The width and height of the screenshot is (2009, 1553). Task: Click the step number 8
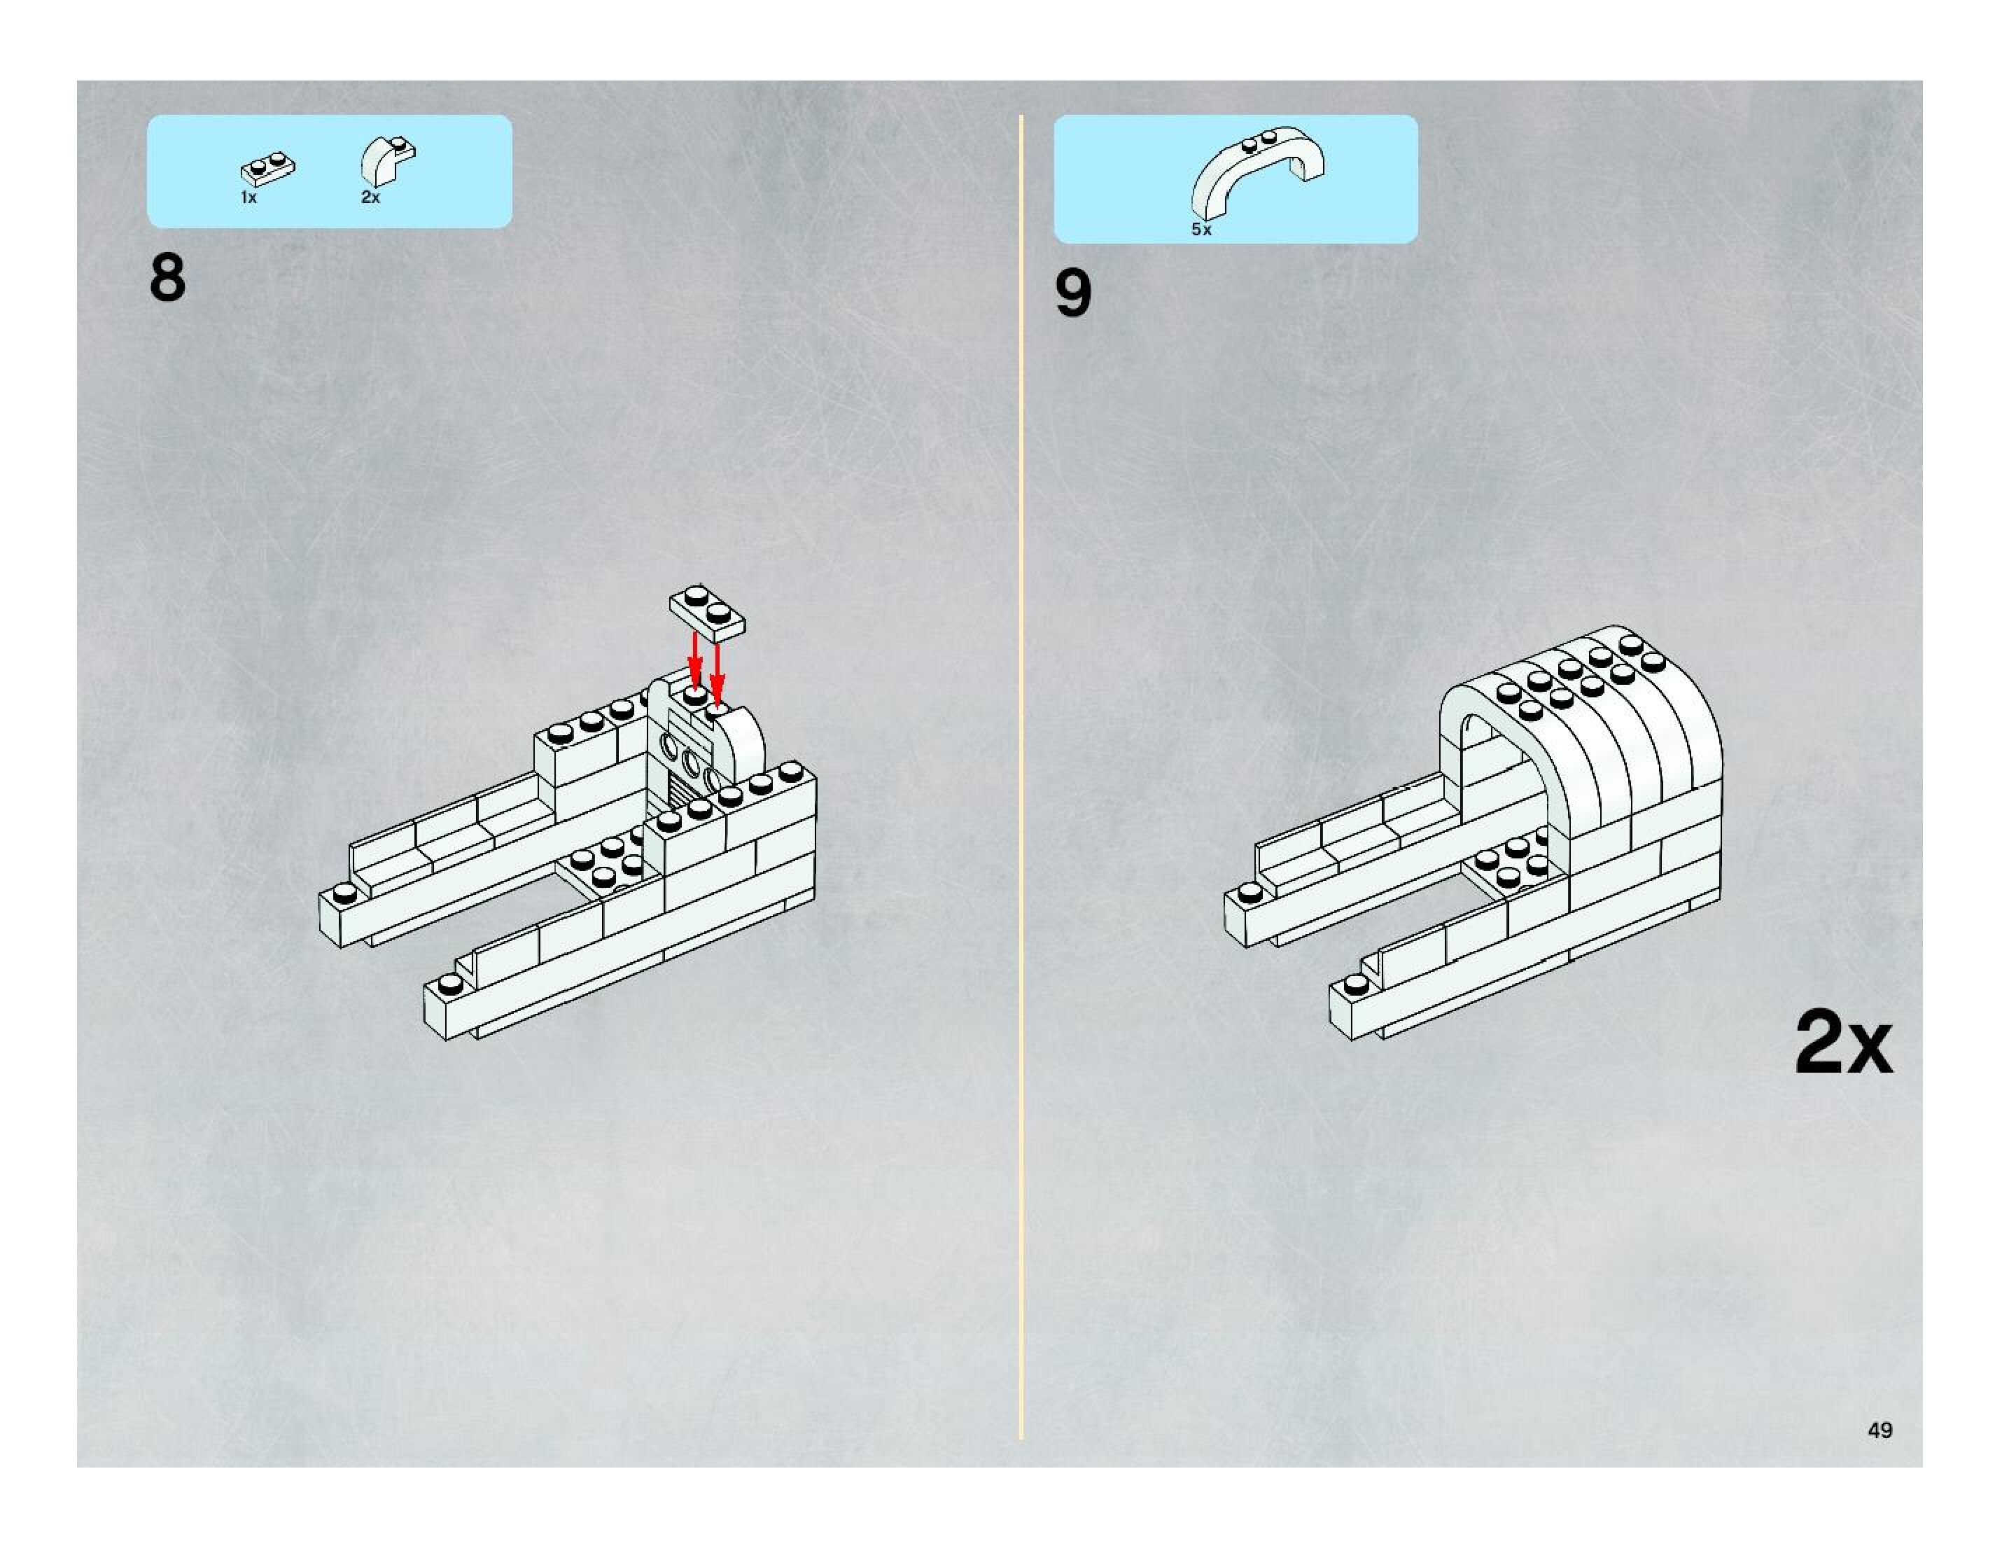coord(167,278)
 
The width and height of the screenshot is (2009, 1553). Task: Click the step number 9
coord(1072,294)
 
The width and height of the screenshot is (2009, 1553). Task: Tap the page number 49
coord(1880,1430)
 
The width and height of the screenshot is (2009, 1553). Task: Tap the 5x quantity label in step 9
coord(1201,230)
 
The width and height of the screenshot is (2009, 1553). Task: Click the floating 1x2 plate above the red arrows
coord(706,612)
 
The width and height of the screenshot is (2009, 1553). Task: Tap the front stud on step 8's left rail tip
coord(345,891)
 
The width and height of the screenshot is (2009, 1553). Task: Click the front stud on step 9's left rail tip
coord(1249,891)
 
